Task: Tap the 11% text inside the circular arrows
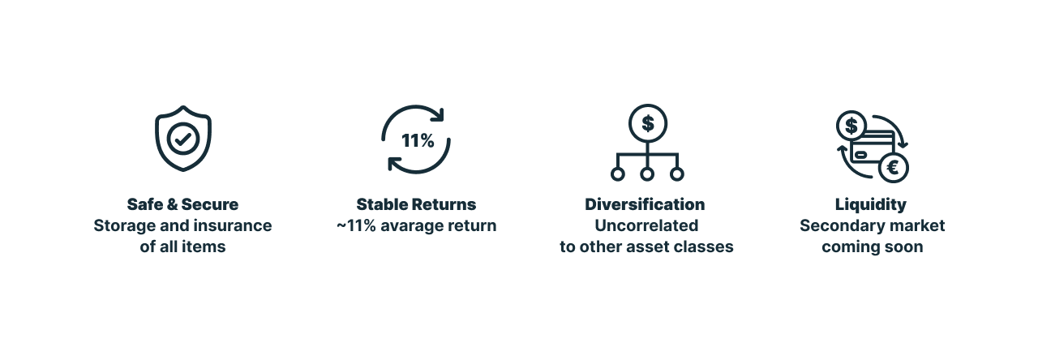click(418, 140)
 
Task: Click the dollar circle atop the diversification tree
click(648, 123)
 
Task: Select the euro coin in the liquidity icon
click(893, 167)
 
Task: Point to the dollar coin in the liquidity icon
click(851, 126)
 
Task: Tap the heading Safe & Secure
click(182, 204)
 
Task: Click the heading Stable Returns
click(416, 204)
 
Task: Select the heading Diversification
click(645, 204)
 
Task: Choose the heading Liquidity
click(871, 205)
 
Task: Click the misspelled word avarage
click(405, 225)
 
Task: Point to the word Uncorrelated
click(646, 225)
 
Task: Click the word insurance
click(233, 225)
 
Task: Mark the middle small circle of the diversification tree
click(647, 174)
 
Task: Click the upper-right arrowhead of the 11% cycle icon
click(439, 115)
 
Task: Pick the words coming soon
click(872, 247)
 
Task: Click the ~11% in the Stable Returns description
click(356, 225)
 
